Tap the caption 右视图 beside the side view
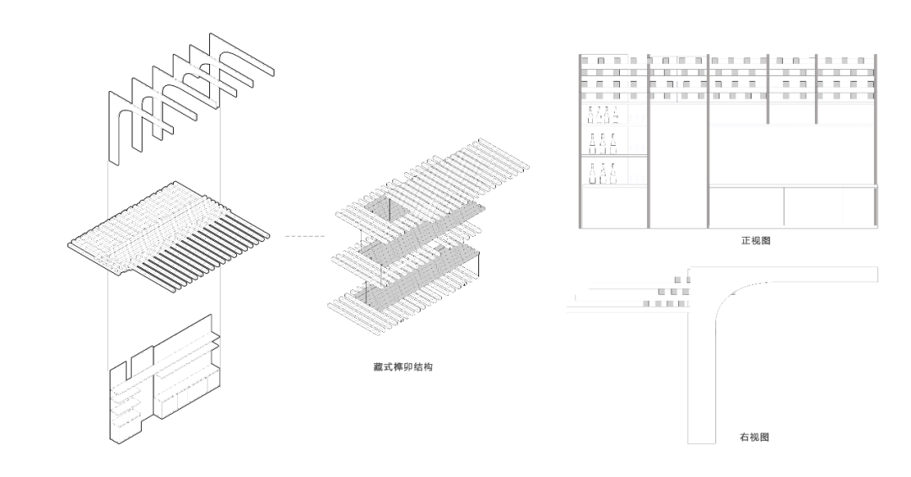click(x=753, y=438)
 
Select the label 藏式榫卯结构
click(x=403, y=368)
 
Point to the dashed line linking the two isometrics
click(x=304, y=235)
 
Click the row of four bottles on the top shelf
click(x=603, y=116)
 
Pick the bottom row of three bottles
click(x=602, y=173)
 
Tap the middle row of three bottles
click(x=602, y=143)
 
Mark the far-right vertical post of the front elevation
click(x=876, y=140)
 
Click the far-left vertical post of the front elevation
click(x=581, y=140)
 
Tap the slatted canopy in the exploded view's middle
click(x=169, y=232)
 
